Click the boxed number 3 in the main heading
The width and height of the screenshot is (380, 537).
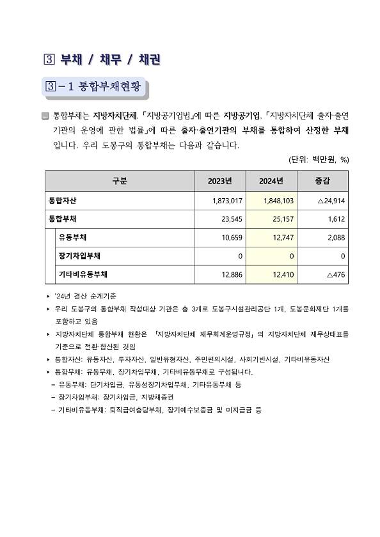(x=47, y=60)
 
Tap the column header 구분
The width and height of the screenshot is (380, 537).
(x=120, y=181)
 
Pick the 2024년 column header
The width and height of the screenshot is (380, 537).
(x=271, y=181)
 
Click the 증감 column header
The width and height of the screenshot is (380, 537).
(x=322, y=181)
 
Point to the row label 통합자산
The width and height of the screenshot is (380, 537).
(x=63, y=200)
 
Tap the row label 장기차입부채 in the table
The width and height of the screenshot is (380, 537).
(x=79, y=256)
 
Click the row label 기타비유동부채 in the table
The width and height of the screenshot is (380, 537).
(x=82, y=274)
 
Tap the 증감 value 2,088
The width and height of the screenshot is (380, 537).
(x=336, y=237)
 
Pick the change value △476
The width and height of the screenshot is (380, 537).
(x=335, y=274)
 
